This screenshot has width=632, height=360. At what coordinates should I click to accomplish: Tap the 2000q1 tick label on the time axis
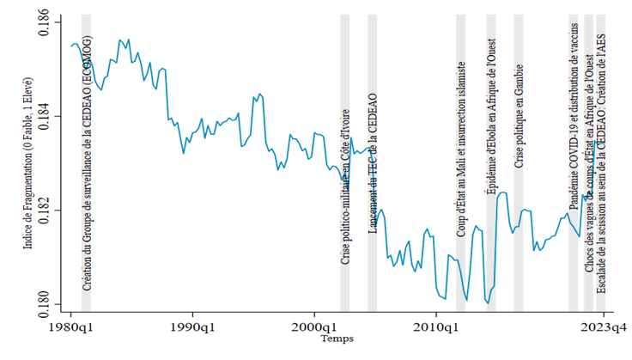pyautogui.click(x=314, y=326)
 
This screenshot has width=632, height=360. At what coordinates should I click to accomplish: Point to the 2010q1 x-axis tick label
pyautogui.click(x=436, y=326)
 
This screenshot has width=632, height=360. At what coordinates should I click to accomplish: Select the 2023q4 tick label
pyautogui.click(x=604, y=326)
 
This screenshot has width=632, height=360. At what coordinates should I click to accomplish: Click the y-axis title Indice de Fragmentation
pyautogui.click(x=28, y=163)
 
